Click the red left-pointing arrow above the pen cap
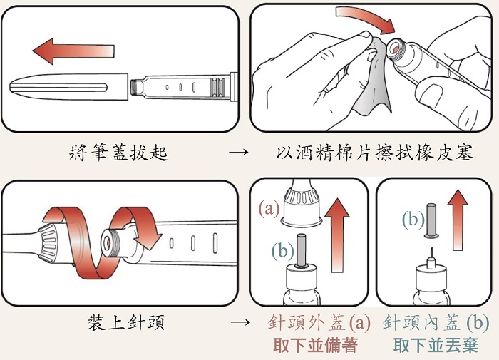(x=73, y=51)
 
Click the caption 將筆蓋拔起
(x=118, y=152)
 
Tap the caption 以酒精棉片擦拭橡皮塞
(x=374, y=153)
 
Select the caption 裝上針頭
(x=126, y=322)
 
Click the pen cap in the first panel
(x=68, y=87)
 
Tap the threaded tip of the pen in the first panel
(x=136, y=87)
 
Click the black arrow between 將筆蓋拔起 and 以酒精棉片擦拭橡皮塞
(x=238, y=152)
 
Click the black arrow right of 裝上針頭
(x=241, y=322)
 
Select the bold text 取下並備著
(x=315, y=345)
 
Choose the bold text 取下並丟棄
(x=436, y=345)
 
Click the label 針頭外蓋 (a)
(x=319, y=322)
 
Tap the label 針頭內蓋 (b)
(x=436, y=322)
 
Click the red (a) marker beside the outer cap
(x=269, y=208)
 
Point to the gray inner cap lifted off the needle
(x=431, y=220)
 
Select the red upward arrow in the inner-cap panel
(x=458, y=220)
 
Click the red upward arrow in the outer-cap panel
(x=337, y=235)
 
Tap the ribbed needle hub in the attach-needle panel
(x=48, y=243)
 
